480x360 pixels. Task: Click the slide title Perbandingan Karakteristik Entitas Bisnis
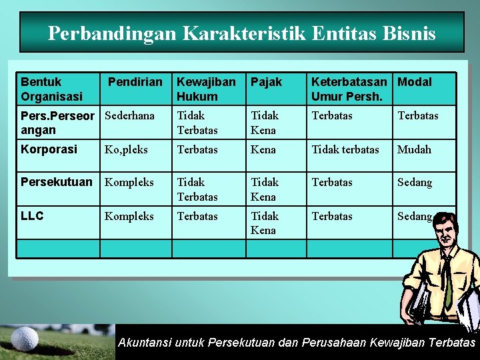[x=241, y=33]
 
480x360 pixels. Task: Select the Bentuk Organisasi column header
[x=51, y=89]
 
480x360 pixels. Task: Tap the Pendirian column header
[x=135, y=82]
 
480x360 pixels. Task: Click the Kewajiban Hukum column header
[x=206, y=89]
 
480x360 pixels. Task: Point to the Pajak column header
[x=266, y=82]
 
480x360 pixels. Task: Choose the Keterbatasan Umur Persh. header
[x=349, y=89]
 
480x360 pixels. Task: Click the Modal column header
[x=415, y=82]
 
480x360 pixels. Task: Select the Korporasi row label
[x=49, y=149]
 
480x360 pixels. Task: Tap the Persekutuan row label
[x=57, y=182]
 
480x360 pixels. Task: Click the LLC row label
[x=32, y=216]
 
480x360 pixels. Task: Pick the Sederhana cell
[x=129, y=115]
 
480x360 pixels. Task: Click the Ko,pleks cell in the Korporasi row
[x=126, y=149]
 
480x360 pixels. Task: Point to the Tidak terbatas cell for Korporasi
[x=345, y=149]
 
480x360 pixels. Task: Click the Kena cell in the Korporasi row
[x=263, y=149]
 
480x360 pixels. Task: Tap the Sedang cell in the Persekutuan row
[x=415, y=182]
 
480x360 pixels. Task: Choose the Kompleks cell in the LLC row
[x=129, y=216]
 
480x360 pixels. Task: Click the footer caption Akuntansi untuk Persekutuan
[x=297, y=343]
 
